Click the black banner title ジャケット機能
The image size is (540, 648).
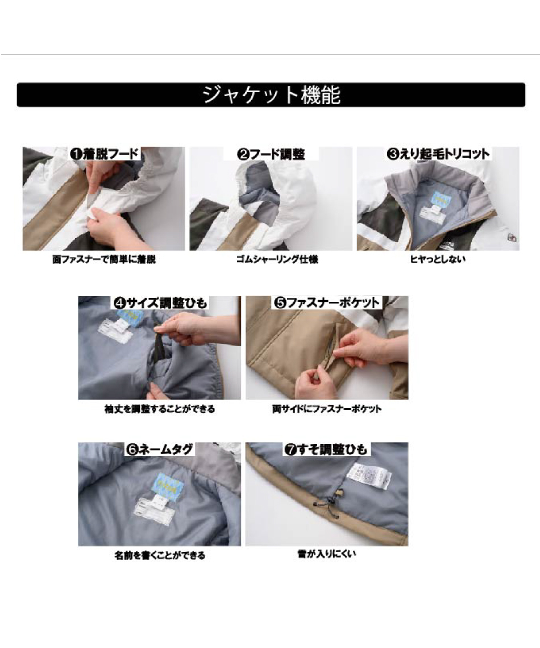(x=271, y=95)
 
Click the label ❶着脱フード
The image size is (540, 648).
(x=105, y=153)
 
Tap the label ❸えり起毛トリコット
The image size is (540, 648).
(x=438, y=153)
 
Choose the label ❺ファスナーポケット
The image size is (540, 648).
(x=326, y=302)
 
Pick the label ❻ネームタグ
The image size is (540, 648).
(x=159, y=449)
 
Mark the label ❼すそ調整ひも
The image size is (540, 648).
(x=326, y=450)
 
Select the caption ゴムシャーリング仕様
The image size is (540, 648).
(x=271, y=260)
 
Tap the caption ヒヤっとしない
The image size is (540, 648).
(x=438, y=260)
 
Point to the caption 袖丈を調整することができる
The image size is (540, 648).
(x=160, y=408)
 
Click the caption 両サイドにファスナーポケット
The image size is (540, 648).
(x=327, y=408)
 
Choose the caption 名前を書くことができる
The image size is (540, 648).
(x=160, y=555)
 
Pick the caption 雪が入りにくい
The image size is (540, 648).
(x=326, y=553)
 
